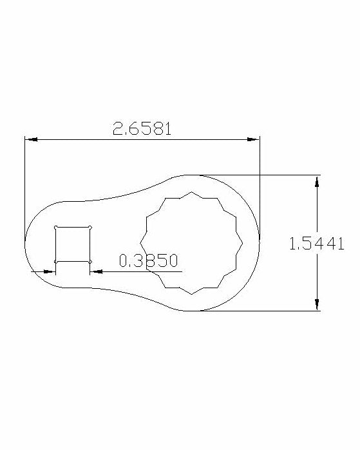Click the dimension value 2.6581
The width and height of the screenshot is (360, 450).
pos(142,128)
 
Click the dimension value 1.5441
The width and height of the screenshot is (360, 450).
pos(317,244)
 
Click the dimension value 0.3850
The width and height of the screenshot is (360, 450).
pos(149,260)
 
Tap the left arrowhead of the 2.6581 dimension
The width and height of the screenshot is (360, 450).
pos(32,139)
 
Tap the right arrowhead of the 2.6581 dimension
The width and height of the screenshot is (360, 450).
pos(253,139)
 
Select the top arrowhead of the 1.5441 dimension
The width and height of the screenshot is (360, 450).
pos(317,181)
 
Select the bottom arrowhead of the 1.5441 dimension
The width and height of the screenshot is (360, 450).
pos(317,304)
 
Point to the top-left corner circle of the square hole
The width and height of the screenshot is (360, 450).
pos(55,228)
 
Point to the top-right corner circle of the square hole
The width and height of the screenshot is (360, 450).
pos(90,228)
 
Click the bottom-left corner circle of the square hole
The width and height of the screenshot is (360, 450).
pos(55,262)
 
